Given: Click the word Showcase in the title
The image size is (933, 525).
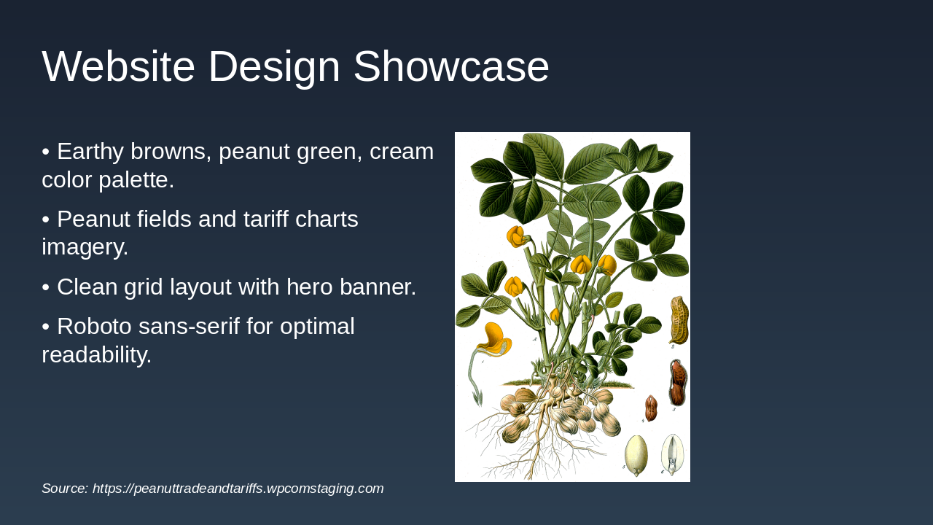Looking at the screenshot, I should pos(450,67).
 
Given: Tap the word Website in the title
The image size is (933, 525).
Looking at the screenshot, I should pos(118,67).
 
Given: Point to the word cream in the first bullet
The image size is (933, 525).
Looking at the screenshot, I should pos(401,152).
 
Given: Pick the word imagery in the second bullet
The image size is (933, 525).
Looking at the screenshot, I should pos(85,247).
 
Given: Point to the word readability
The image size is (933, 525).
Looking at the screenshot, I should pos(96,355).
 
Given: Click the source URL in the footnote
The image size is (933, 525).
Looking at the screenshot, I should pos(238,489).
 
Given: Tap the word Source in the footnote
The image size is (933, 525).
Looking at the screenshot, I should pos(64,489).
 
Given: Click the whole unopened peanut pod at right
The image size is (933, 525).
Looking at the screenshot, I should pos(679,320).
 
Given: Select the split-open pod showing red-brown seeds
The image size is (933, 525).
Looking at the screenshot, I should pos(678,383).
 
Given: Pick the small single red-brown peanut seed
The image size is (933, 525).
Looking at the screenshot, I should pos(651,408).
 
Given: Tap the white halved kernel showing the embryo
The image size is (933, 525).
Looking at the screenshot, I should pos(672,454).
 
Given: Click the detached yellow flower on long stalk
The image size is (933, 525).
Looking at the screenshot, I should pos(494,341).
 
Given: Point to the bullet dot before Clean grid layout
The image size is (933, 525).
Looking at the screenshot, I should pos(45,287).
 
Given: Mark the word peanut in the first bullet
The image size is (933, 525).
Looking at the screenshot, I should pos(254,152).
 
